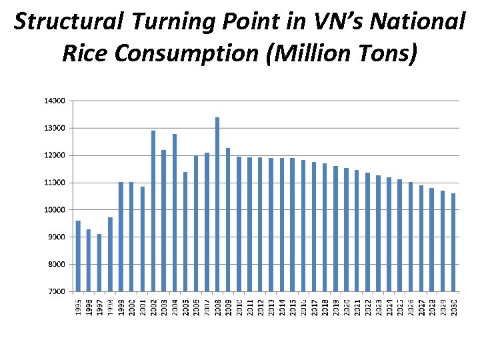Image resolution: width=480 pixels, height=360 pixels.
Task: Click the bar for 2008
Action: (217, 205)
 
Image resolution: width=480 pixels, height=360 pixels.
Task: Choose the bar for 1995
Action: (78, 256)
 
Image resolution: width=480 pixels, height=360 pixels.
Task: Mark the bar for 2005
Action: (185, 232)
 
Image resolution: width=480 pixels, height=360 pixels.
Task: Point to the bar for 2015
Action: (293, 225)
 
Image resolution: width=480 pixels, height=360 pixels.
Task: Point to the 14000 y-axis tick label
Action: (55, 101)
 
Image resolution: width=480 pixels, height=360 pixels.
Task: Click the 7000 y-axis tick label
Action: (56, 291)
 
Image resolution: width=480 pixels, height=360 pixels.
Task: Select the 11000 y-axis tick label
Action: (55, 183)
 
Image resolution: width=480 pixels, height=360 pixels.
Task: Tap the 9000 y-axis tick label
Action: (56, 237)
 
